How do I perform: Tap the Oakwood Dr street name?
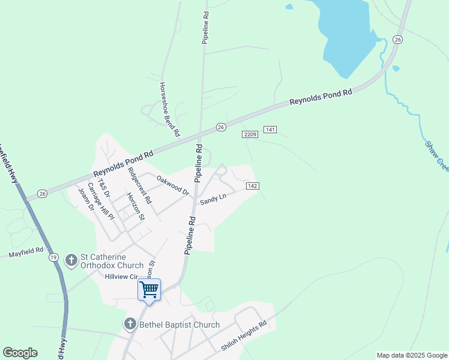pyautogui.click(x=173, y=185)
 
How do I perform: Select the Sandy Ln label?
pyautogui.click(x=212, y=197)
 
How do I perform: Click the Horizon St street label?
pyautogui.click(x=136, y=206)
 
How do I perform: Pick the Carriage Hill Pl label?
pyautogui.click(x=101, y=201)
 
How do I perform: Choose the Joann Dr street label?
pyautogui.click(x=86, y=200)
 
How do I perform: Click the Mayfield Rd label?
pyautogui.click(x=26, y=254)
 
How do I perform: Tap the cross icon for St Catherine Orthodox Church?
pyautogui.click(x=71, y=260)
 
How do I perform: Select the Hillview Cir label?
pyautogui.click(x=122, y=277)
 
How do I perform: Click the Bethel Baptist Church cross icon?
pyautogui.click(x=130, y=325)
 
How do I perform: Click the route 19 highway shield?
pyautogui.click(x=53, y=257)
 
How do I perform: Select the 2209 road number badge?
pyautogui.click(x=250, y=134)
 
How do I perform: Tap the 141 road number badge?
pyautogui.click(x=270, y=130)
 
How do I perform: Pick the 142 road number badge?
pyautogui.click(x=252, y=187)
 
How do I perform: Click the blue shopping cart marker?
pyautogui.click(x=149, y=290)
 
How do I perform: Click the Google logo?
pyautogui.click(x=20, y=353)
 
